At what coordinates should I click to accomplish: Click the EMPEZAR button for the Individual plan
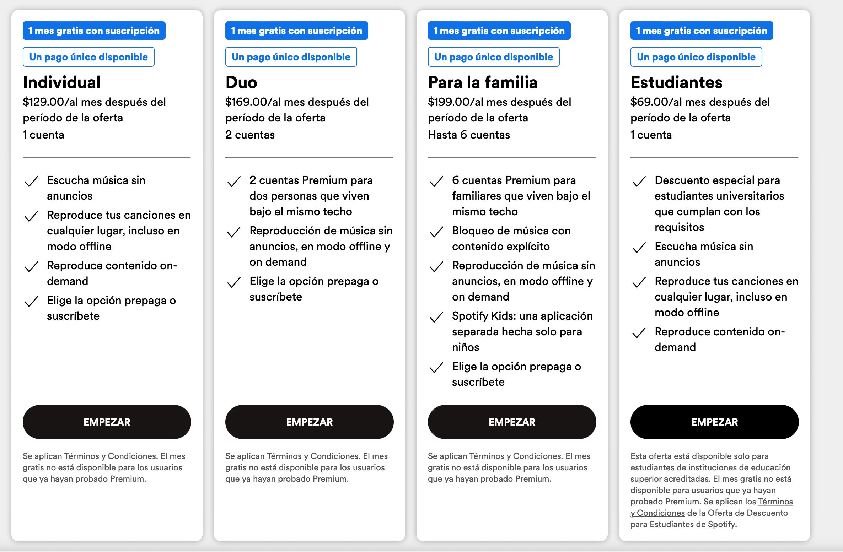107,422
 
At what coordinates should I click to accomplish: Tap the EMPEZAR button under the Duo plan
309,422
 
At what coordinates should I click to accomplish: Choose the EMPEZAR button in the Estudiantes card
714,422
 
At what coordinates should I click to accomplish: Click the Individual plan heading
62,82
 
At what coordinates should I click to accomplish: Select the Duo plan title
241,82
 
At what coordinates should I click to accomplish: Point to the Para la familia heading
483,82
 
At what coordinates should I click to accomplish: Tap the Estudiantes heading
676,82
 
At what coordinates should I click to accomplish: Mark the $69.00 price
649,102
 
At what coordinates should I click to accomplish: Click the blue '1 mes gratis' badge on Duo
296,31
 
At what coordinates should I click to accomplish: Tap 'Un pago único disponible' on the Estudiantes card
696,57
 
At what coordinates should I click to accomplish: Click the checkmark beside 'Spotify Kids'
436,317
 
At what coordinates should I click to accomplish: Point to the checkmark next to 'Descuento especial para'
639,182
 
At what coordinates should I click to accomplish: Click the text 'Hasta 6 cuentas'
469,135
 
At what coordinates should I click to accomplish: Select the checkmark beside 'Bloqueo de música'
436,232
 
